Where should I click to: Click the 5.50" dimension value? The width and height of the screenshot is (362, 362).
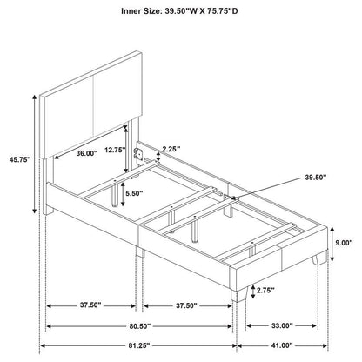pyautogui.click(x=133, y=194)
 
